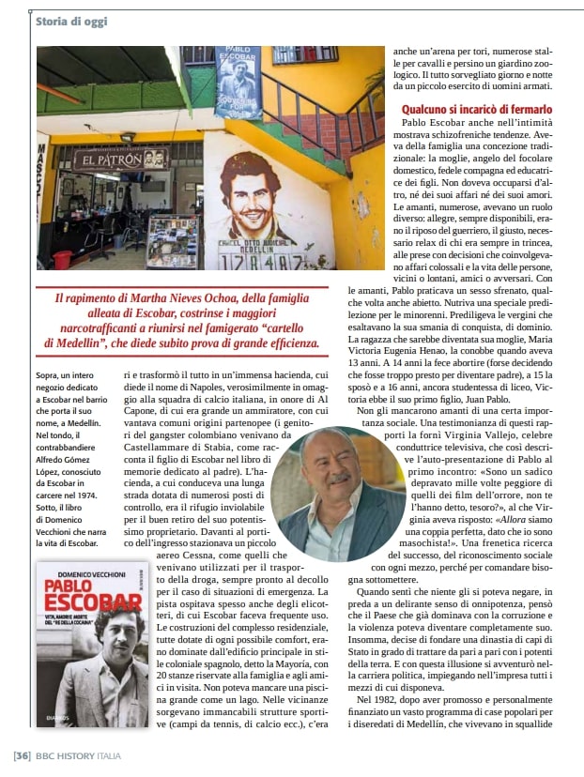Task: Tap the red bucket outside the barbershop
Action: click(62, 259)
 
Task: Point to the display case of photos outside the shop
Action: click(173, 241)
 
